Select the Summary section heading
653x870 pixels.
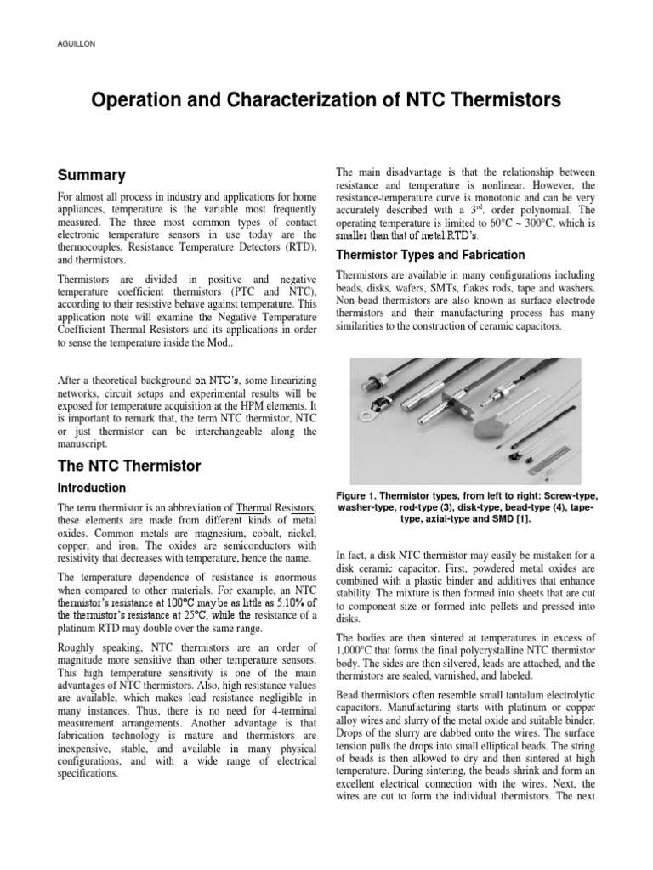pos(91,176)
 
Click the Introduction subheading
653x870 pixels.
pos(91,488)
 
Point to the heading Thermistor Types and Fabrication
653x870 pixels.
pos(430,255)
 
